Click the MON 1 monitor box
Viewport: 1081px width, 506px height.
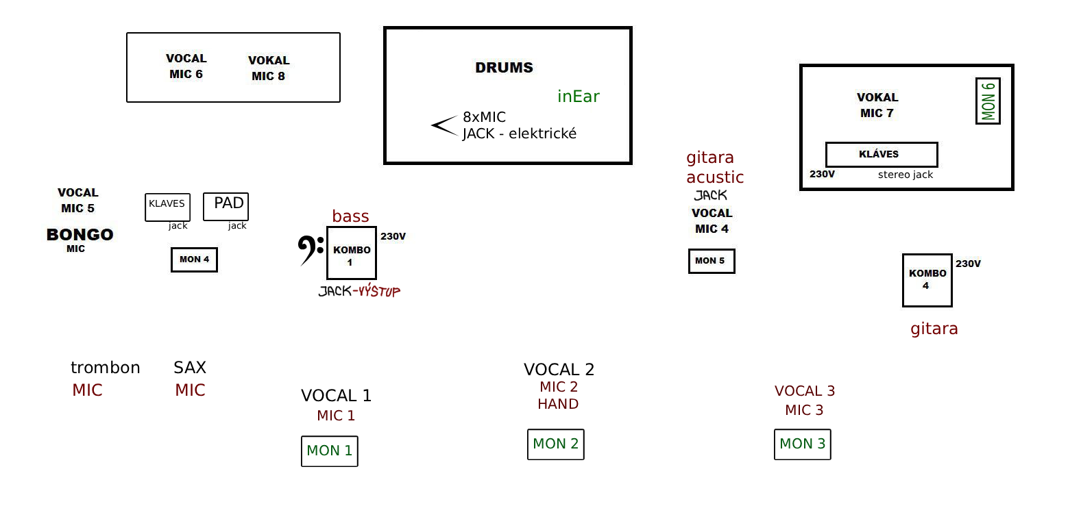click(329, 451)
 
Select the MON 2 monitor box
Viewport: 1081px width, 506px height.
click(555, 444)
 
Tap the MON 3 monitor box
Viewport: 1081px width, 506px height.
click(802, 444)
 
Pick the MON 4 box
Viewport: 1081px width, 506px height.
click(194, 260)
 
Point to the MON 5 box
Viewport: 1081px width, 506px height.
click(711, 261)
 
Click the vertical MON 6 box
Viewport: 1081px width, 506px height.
click(988, 101)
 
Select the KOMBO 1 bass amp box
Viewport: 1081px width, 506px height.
click(352, 253)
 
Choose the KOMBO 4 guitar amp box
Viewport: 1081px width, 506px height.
click(927, 280)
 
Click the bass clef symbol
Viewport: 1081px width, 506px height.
click(310, 250)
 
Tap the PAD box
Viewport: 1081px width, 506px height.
click(226, 207)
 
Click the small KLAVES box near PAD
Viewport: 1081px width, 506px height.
click(167, 207)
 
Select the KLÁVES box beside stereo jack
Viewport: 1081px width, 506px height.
click(881, 154)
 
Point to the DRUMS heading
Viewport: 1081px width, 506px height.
click(504, 68)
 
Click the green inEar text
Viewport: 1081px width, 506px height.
click(578, 97)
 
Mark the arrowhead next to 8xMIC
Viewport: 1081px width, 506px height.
click(443, 125)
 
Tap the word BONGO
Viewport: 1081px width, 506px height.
click(80, 235)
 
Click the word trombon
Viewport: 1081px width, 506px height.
click(105, 368)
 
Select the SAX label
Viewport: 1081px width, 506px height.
click(190, 368)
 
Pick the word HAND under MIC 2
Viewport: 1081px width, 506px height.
click(558, 404)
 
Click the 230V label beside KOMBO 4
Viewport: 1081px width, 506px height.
click(968, 264)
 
